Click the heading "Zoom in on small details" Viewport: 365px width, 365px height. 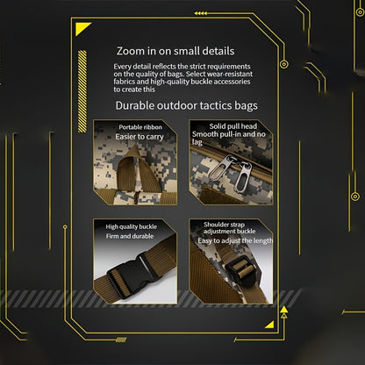175,51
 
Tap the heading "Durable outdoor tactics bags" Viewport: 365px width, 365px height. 187,105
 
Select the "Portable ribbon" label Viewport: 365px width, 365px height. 140,127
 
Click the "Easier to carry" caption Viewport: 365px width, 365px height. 140,137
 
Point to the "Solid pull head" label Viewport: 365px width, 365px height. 233,126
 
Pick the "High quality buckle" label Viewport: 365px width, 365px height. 132,226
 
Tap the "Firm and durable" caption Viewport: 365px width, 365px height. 130,236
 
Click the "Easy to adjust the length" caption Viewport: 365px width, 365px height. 235,240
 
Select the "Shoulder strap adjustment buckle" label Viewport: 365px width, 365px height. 230,228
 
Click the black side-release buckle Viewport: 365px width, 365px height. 131,276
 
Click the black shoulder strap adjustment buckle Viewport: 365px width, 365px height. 242,271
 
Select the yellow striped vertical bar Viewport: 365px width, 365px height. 82,91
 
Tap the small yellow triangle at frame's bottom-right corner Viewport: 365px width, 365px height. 270,326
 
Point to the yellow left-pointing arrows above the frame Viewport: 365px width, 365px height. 201,13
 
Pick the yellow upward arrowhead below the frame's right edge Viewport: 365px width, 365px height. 283,310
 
